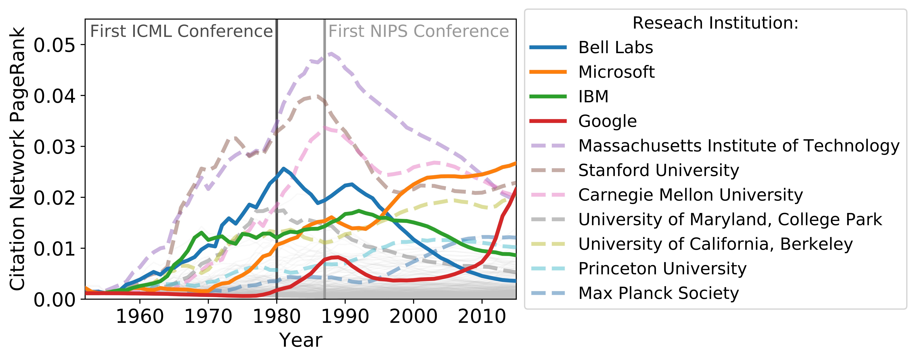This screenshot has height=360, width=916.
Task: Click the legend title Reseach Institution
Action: (x=715, y=23)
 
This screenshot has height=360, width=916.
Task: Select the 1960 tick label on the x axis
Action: (x=140, y=316)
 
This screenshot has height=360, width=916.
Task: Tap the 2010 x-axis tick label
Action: (x=482, y=316)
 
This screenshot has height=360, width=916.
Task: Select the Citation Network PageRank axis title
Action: (x=17, y=158)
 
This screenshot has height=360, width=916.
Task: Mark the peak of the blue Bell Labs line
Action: (x=283, y=168)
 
